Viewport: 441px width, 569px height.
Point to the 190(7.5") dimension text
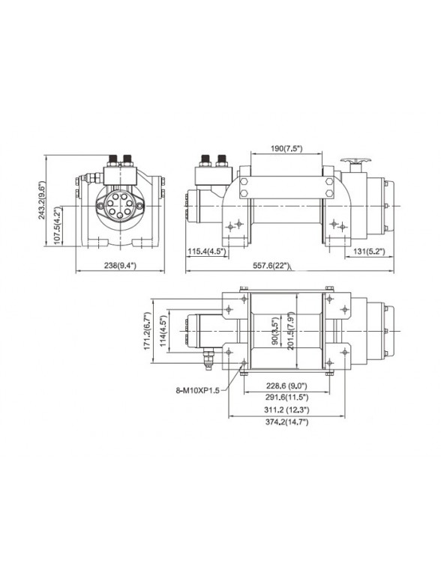(286, 149)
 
